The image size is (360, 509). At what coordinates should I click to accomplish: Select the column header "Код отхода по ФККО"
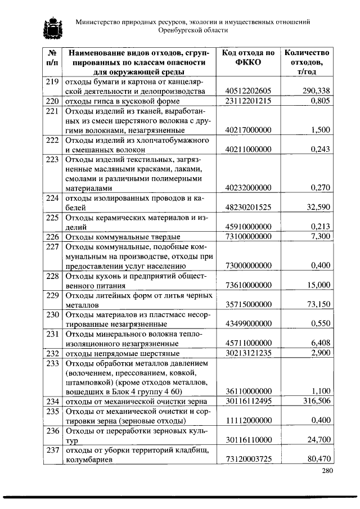(248, 57)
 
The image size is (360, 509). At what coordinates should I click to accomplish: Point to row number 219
(52, 82)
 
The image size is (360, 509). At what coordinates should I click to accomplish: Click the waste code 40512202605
(248, 91)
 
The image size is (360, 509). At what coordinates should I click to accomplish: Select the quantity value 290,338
(316, 91)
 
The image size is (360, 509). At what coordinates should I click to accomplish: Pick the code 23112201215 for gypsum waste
(248, 101)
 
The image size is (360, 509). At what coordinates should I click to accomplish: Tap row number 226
(52, 237)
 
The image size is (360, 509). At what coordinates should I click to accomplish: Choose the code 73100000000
(248, 237)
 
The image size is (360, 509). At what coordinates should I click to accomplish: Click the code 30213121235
(248, 353)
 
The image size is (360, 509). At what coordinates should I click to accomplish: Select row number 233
(52, 363)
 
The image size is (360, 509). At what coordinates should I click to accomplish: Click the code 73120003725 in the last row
(248, 460)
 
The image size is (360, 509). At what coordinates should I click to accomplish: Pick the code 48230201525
(248, 208)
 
